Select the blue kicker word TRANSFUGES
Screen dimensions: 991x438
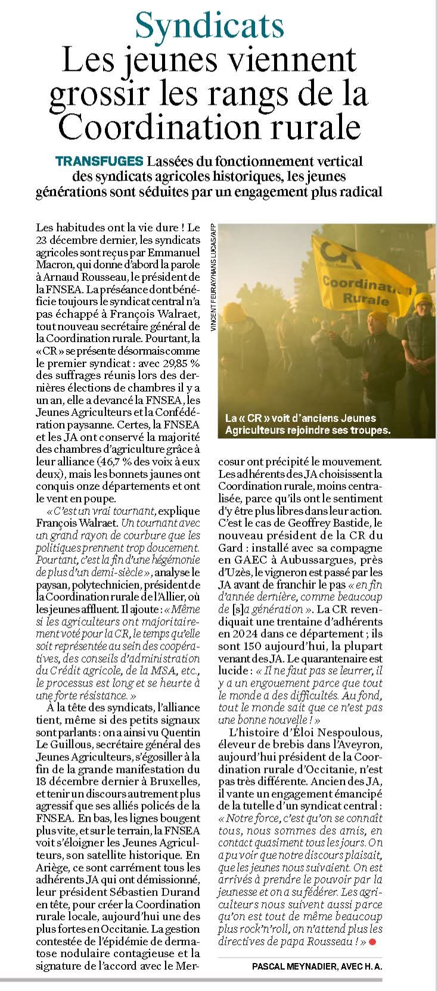98,161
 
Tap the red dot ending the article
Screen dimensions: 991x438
373,942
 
